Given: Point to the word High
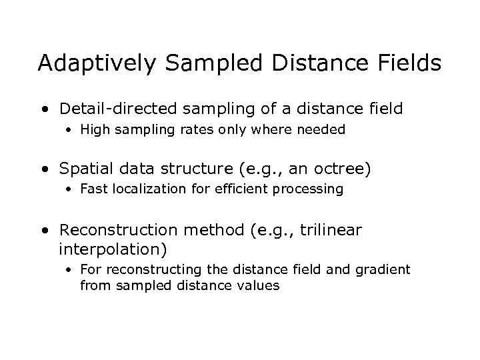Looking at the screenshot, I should [x=94, y=130].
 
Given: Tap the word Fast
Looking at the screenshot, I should [x=93, y=189].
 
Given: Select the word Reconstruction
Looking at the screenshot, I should [x=118, y=230].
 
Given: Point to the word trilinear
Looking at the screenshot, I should [x=331, y=230].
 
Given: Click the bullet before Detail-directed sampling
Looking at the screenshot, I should [x=45, y=108].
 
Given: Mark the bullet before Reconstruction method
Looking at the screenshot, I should [x=45, y=231].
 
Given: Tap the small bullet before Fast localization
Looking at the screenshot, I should [x=69, y=189].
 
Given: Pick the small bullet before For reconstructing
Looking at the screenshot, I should [x=69, y=269].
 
